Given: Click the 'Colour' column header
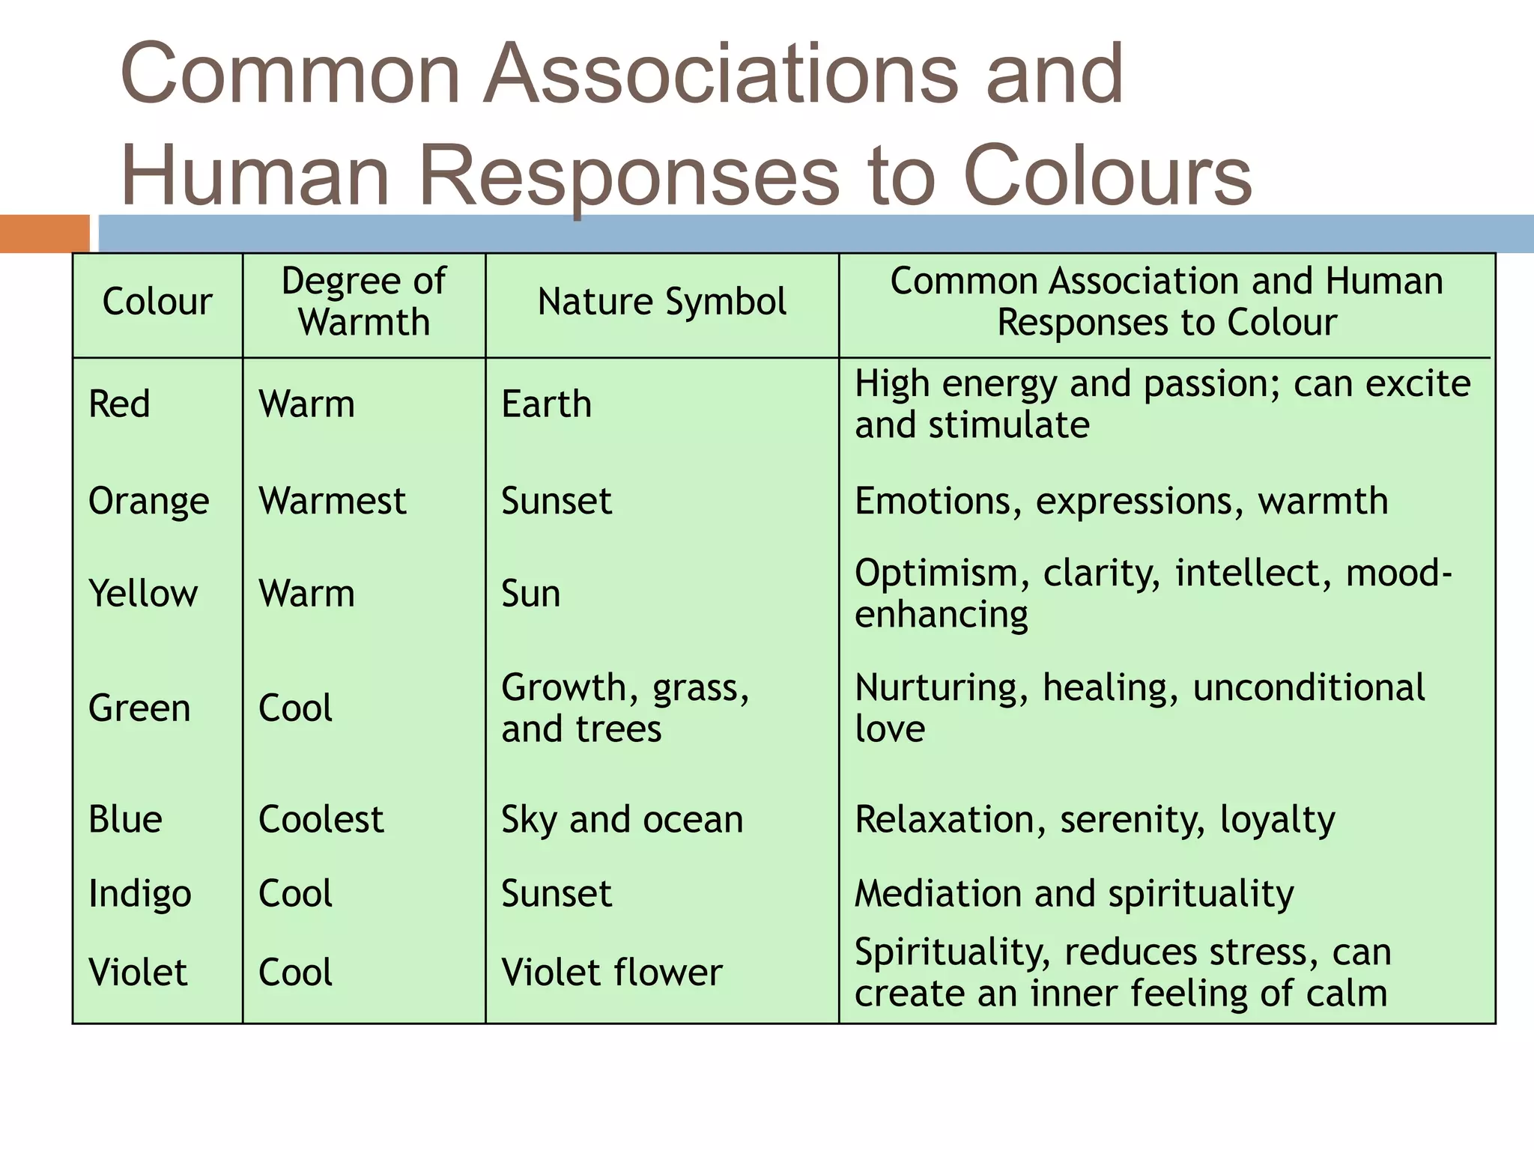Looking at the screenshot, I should pyautogui.click(x=157, y=302).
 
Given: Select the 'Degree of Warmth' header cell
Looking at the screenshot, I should pyautogui.click(x=364, y=302).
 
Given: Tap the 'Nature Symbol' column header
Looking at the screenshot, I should pyautogui.click(x=662, y=302).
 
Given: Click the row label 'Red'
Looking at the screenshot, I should pyautogui.click(x=120, y=404).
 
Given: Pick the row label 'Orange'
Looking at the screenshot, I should pyautogui.click(x=149, y=501).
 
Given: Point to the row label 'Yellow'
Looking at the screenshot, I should pyautogui.click(x=143, y=594).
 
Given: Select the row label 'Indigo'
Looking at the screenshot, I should pyautogui.click(x=140, y=894).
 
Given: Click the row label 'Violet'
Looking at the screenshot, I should pyautogui.click(x=138, y=973).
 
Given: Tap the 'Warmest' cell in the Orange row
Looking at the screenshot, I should pyautogui.click(x=333, y=501).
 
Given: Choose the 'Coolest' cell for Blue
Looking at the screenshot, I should pyautogui.click(x=321, y=819).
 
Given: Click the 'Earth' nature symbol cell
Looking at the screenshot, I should pyautogui.click(x=547, y=404).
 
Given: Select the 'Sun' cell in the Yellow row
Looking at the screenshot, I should pyautogui.click(x=531, y=594).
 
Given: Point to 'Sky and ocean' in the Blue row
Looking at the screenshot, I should pyautogui.click(x=622, y=819).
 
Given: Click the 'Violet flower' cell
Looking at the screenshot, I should pyautogui.click(x=612, y=973).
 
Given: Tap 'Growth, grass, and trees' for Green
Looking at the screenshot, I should pyautogui.click(x=625, y=708).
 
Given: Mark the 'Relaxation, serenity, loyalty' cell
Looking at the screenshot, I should pyautogui.click(x=1095, y=819).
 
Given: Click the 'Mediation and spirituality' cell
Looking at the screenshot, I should pyautogui.click(x=1074, y=894).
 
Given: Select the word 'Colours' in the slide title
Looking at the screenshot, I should pyautogui.click(x=1108, y=176).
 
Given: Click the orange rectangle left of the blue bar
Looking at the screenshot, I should pyautogui.click(x=44, y=234).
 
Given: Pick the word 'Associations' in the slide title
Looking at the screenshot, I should pyautogui.click(x=721, y=74).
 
